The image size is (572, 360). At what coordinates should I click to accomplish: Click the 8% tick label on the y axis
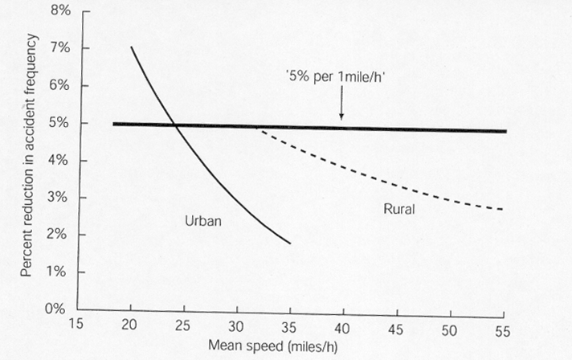click(60, 11)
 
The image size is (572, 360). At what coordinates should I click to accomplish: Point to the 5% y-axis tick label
click(60, 123)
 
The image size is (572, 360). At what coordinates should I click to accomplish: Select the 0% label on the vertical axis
click(60, 309)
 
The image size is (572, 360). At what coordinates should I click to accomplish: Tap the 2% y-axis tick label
click(60, 235)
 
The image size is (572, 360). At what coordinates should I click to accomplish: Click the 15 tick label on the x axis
click(77, 327)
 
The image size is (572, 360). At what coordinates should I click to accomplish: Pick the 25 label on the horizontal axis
click(184, 327)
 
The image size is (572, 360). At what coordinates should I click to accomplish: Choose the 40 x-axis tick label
click(344, 327)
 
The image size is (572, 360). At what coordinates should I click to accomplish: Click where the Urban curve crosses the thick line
click(174, 125)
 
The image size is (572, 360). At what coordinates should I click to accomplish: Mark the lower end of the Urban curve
click(290, 243)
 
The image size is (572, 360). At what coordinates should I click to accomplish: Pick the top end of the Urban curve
click(131, 47)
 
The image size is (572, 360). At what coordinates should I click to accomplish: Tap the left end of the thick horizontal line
click(114, 124)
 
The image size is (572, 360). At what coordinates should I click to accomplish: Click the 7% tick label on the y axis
click(60, 48)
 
